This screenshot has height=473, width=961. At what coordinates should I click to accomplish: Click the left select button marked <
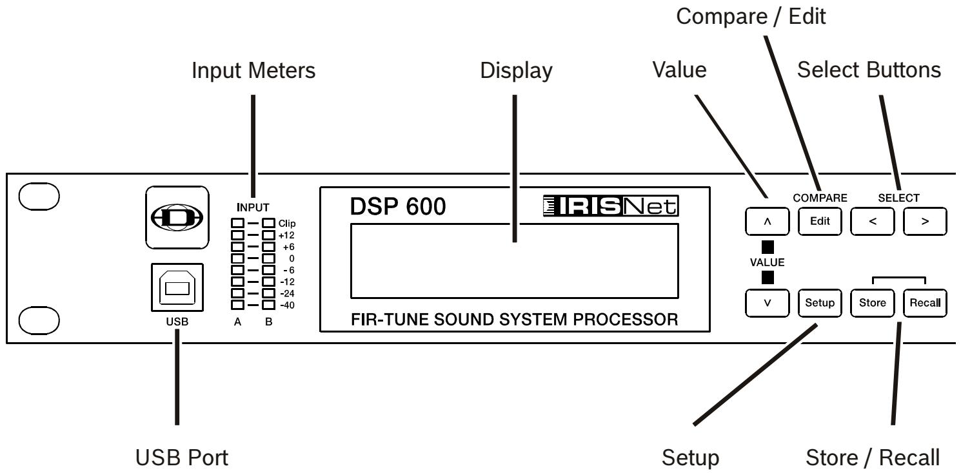(872, 221)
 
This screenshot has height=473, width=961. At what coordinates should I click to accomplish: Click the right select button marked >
(925, 221)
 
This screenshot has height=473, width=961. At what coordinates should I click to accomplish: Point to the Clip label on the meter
(286, 223)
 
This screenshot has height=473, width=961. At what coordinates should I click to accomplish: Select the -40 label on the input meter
(285, 305)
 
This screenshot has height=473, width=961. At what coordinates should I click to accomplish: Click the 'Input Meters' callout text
(253, 72)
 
